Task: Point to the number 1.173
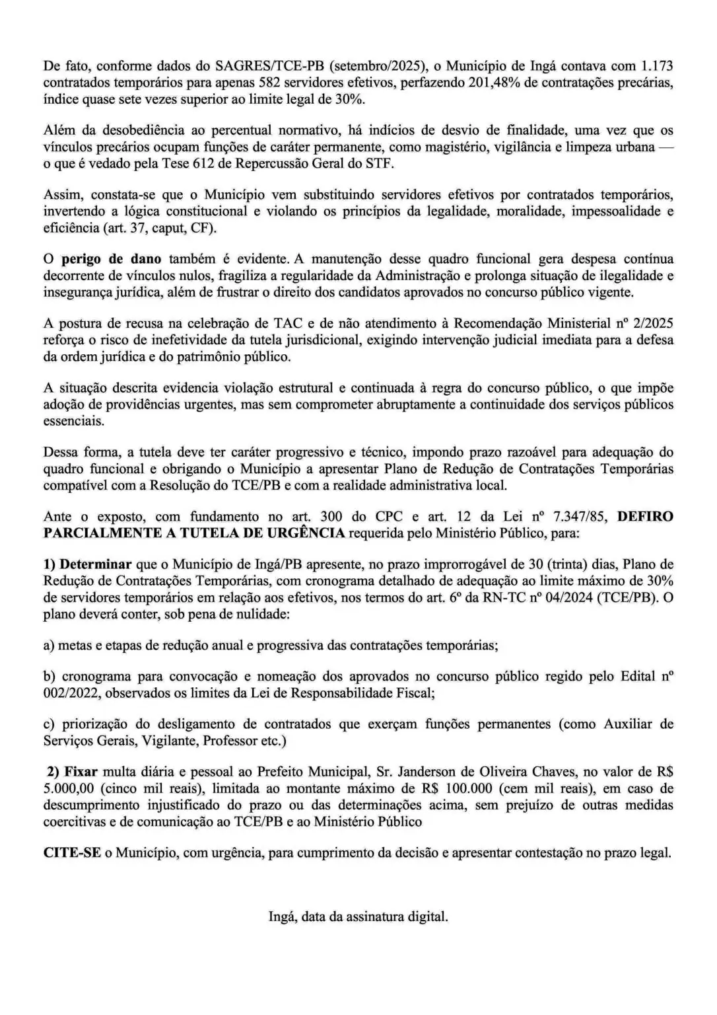coord(657,66)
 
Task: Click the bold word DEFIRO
coord(645,516)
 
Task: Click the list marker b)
coord(49,677)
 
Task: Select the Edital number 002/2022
coord(72,693)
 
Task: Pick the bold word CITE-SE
coord(72,852)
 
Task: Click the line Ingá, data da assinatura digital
coord(358,917)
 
